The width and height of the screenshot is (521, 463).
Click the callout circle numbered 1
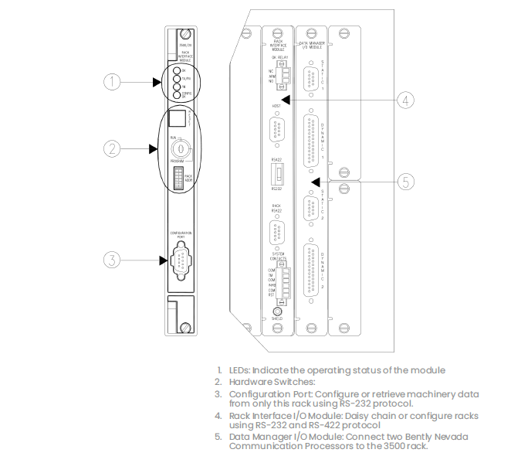point(113,82)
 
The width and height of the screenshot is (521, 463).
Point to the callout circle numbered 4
point(407,99)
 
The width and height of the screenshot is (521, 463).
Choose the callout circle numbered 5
point(407,182)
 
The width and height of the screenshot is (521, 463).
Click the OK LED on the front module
point(177,70)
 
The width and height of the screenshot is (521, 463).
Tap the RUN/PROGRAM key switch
point(179,146)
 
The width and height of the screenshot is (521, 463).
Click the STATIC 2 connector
point(310,210)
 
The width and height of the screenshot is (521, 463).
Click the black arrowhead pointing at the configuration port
point(163,260)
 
